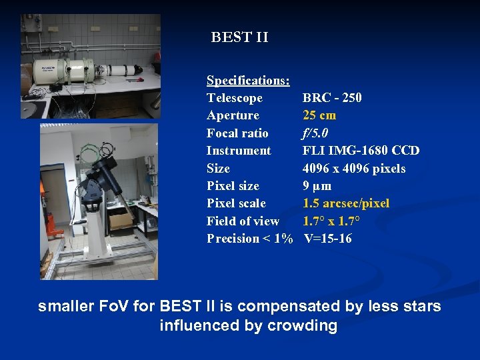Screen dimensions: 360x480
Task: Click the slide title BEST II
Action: [x=239, y=37]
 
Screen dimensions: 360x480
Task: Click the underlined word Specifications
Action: [x=247, y=81]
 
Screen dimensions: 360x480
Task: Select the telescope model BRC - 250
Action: [x=332, y=98]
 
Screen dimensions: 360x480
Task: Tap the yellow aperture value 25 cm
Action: [x=319, y=115]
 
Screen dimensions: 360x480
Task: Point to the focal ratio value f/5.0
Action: [x=315, y=133]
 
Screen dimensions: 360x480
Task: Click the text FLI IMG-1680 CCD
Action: [x=361, y=151]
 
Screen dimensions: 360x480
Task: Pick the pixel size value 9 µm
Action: [x=317, y=186]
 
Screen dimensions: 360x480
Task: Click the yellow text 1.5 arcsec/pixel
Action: [x=346, y=203]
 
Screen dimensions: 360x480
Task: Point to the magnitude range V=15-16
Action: [x=327, y=239]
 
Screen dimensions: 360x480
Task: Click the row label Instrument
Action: [x=239, y=151]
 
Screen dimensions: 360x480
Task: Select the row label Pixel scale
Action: [x=236, y=203]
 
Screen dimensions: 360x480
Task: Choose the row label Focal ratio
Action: [x=237, y=133]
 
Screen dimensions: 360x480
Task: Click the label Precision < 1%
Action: [x=249, y=239]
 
